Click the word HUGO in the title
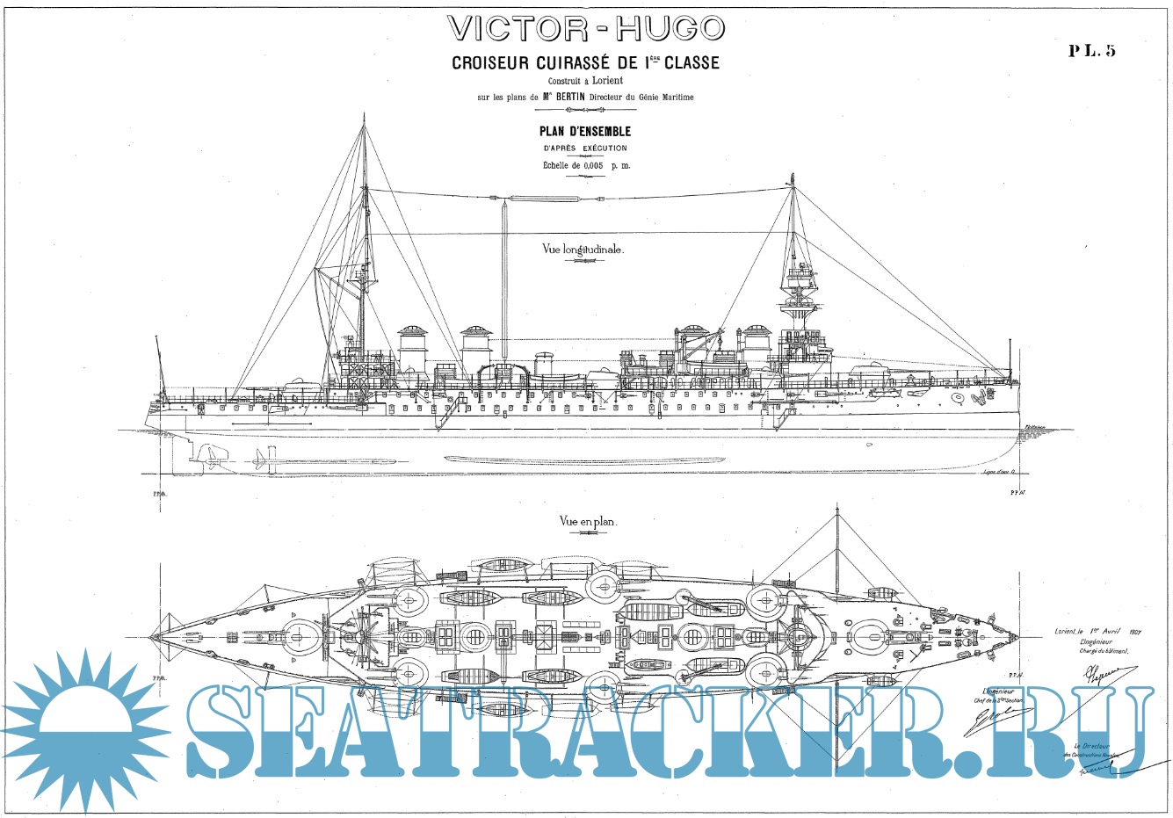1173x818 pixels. pos(670,29)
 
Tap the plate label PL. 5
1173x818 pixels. pos(1091,50)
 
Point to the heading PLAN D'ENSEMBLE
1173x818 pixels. pos(584,132)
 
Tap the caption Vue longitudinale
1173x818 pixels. pos(583,250)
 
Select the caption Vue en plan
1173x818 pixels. pos(588,521)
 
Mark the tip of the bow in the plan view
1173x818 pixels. pos(1020,634)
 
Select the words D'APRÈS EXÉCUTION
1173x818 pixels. pos(584,148)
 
